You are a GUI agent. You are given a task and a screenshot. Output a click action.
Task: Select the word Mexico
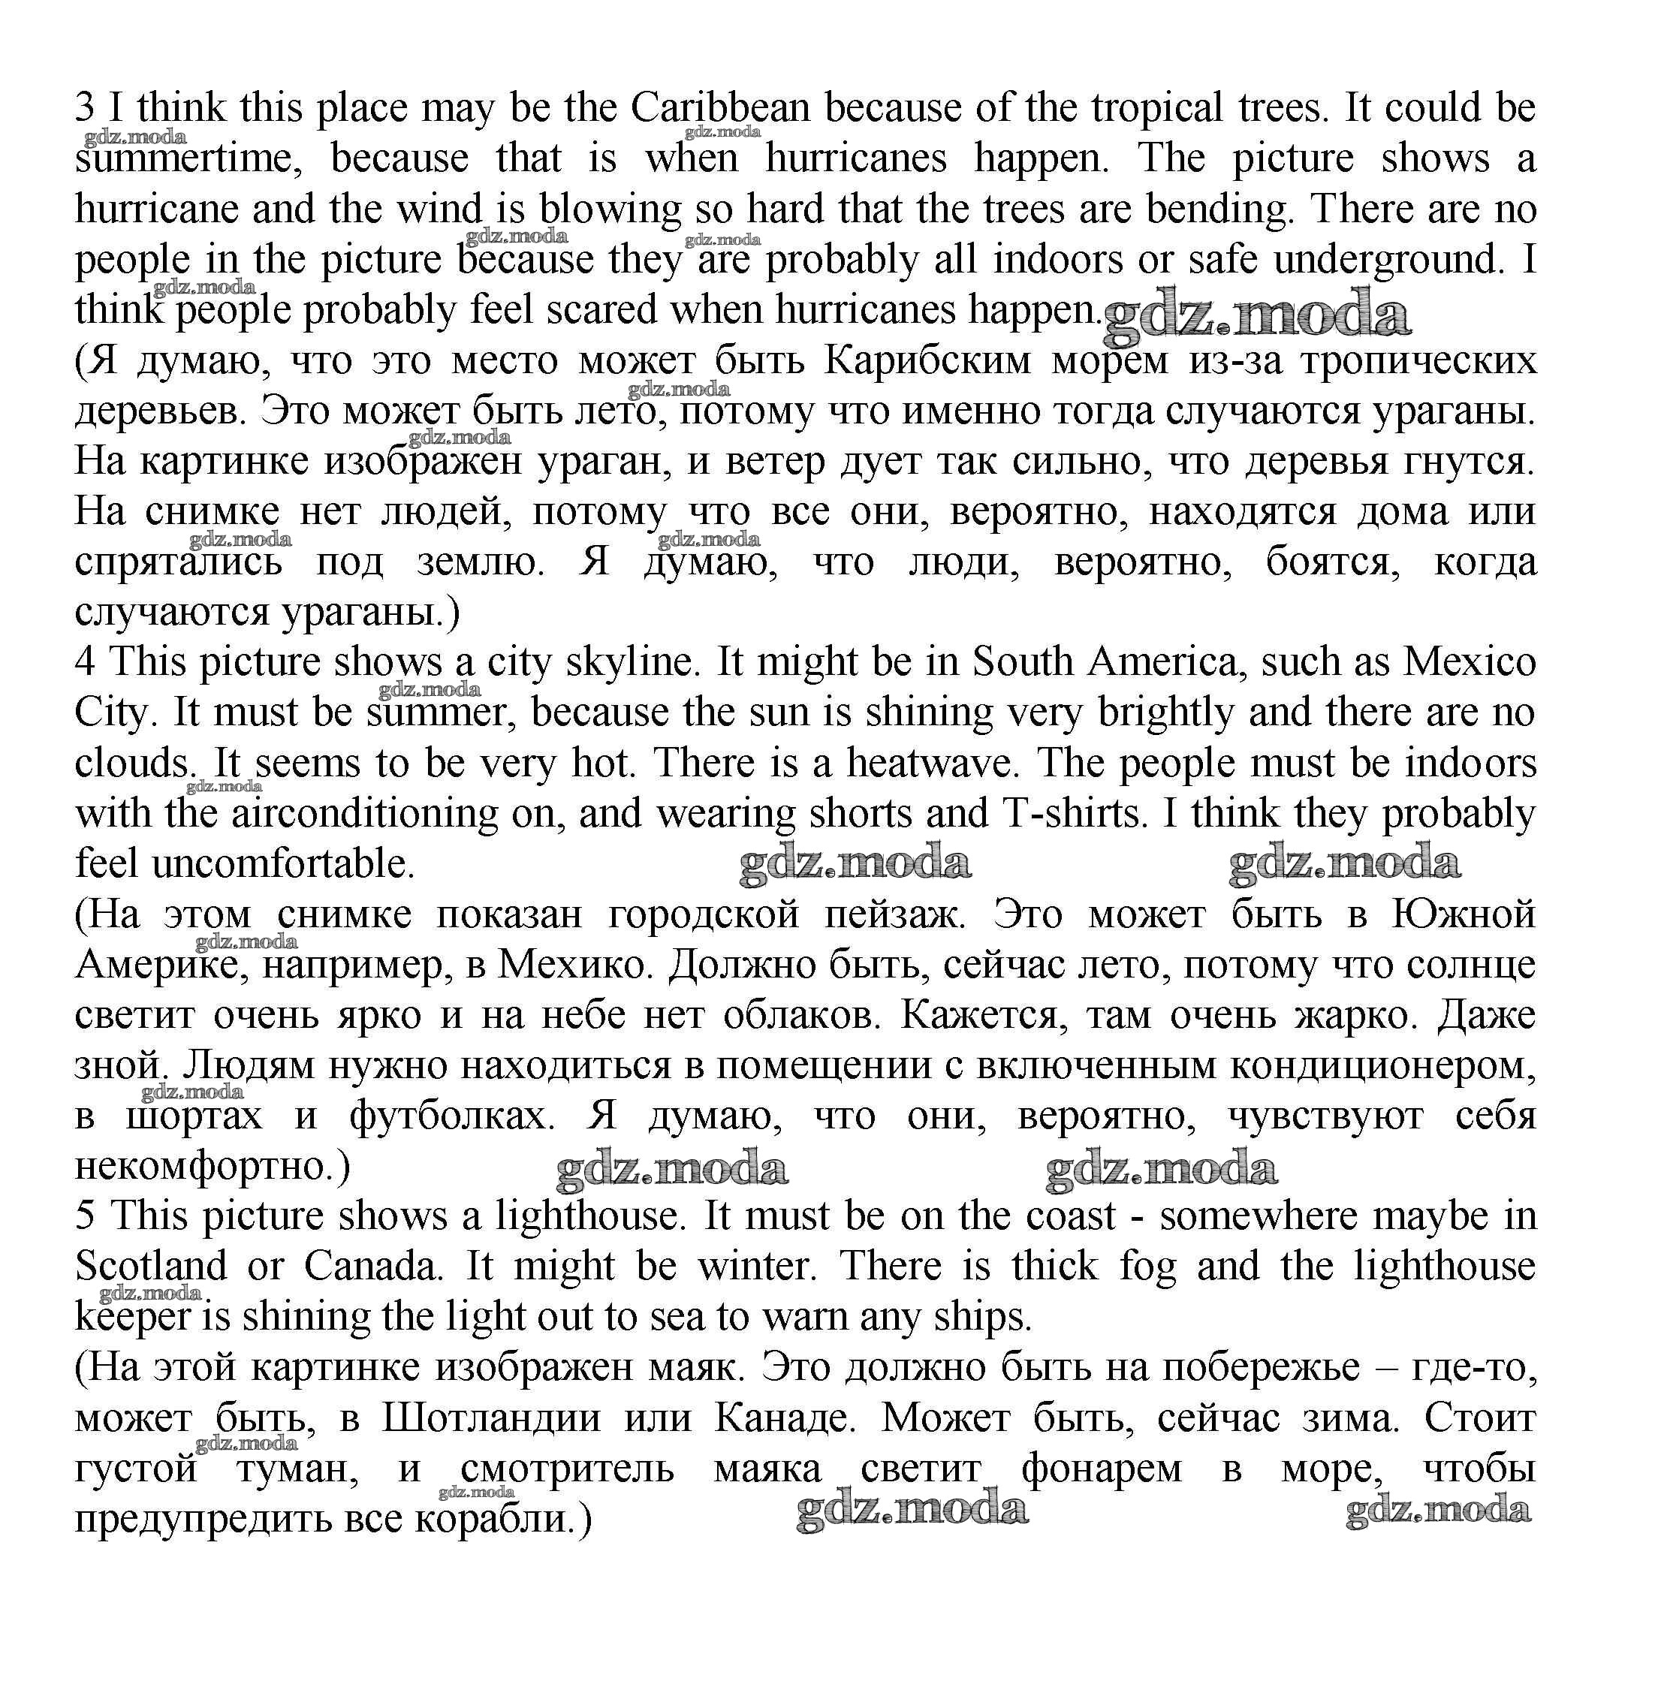pos(1469,663)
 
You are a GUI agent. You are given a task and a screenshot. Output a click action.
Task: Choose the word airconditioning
pos(363,814)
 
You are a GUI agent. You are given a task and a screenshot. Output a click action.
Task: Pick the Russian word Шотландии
pos(491,1419)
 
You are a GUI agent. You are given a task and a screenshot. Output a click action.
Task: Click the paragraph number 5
pos(84,1216)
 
